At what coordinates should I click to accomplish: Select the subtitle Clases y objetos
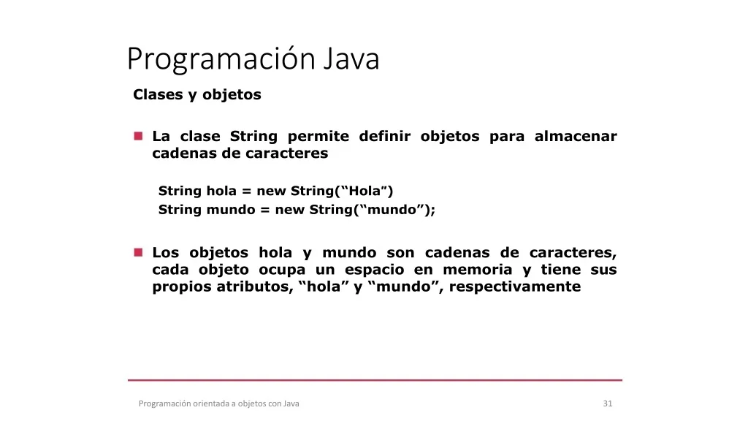click(197, 94)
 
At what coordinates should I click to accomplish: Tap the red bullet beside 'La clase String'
click(138, 136)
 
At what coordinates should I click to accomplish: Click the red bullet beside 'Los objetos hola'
click(138, 252)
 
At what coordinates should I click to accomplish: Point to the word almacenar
click(576, 136)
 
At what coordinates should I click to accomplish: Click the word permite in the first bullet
click(318, 137)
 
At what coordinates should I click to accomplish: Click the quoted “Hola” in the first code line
click(365, 191)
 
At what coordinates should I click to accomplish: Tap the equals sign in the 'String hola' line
click(246, 191)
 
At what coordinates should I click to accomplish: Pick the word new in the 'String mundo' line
click(289, 210)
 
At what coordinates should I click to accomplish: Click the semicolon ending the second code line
click(432, 210)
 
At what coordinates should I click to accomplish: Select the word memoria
click(478, 269)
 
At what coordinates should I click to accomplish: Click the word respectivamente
click(515, 287)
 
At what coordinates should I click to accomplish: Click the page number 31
click(608, 403)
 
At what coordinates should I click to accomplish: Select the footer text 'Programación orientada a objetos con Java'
click(219, 403)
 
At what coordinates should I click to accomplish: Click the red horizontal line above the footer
click(375, 380)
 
